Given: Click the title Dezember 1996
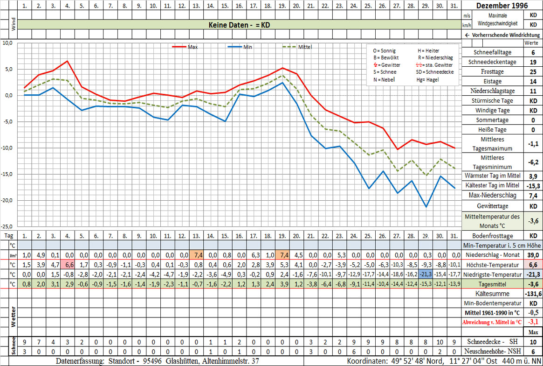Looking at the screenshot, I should tap(502, 6).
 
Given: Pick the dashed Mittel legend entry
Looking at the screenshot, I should tap(298, 47).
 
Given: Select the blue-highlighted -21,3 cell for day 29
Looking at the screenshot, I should tap(425, 274).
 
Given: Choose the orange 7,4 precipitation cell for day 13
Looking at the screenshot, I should tap(196, 255).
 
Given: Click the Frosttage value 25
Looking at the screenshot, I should tap(532, 72).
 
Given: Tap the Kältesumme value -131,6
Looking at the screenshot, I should tap(532, 294).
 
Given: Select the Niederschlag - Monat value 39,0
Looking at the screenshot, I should tap(532, 255).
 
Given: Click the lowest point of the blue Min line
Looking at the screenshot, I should tap(426, 207).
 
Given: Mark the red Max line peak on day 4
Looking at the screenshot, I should tap(68, 61).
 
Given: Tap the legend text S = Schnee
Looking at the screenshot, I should tap(385, 72).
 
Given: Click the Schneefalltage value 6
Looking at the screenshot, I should tap(532, 53).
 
